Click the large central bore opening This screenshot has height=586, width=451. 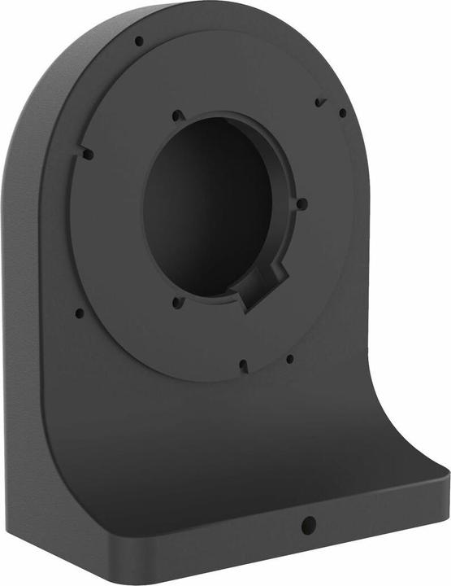(x=207, y=208)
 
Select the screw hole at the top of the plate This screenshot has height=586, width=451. (x=139, y=41)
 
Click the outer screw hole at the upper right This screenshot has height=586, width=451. (x=342, y=113)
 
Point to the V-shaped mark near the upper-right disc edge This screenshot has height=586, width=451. (x=320, y=103)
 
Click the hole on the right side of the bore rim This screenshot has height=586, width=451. (x=301, y=203)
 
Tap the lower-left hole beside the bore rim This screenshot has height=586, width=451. (x=178, y=303)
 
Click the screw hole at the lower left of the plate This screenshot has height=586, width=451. (x=79, y=312)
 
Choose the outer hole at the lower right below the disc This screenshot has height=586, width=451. (x=289, y=358)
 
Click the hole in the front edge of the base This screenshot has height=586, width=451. (x=307, y=526)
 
